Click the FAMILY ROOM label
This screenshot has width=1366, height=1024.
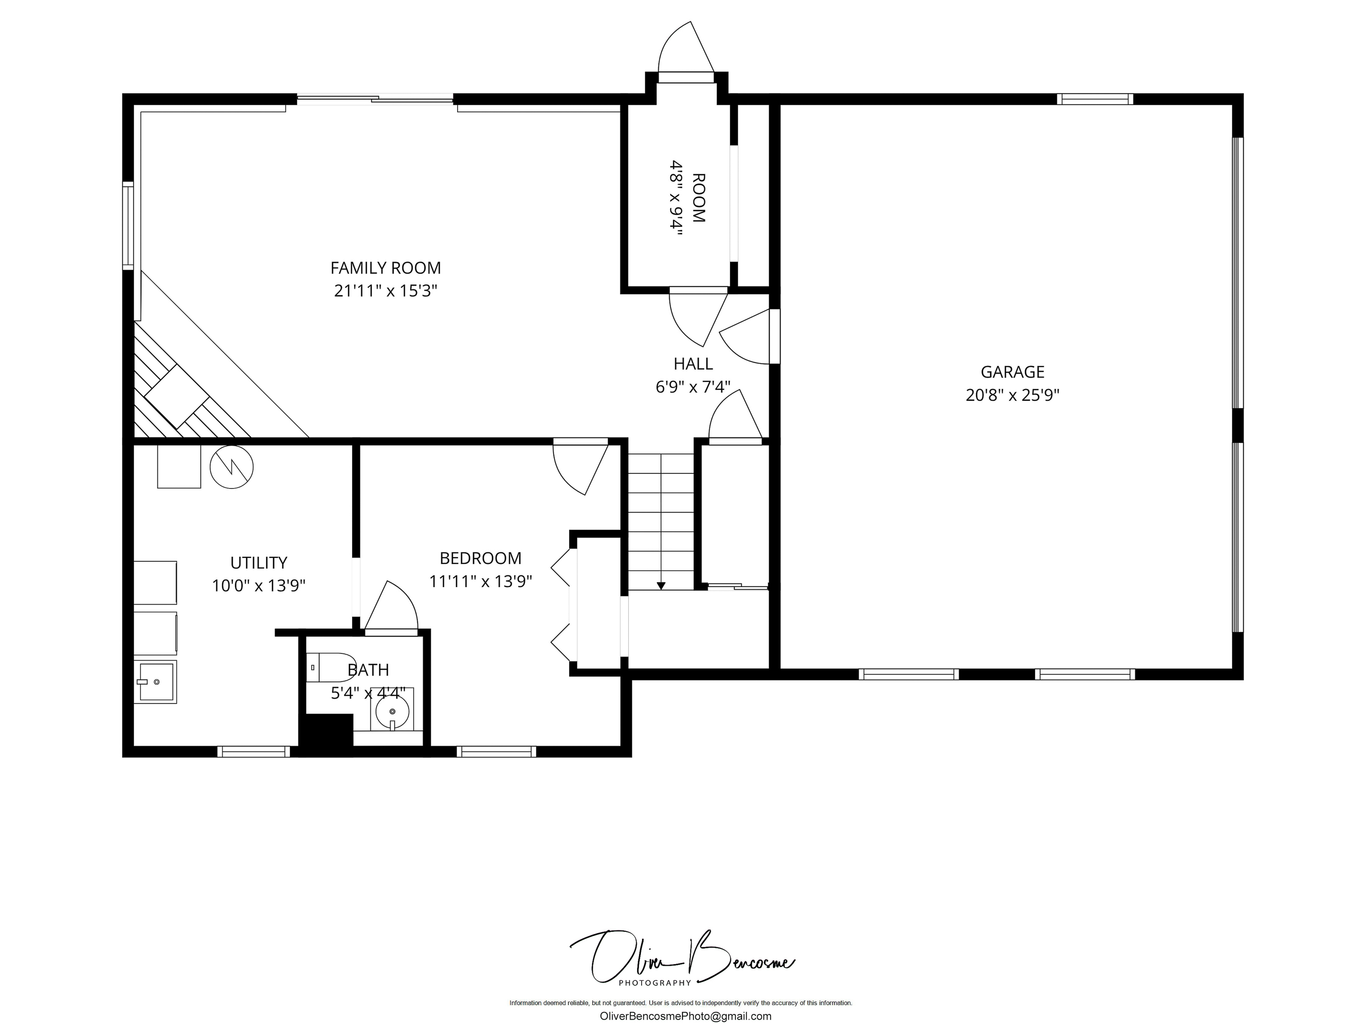(x=386, y=268)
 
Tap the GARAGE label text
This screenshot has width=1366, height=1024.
(x=1013, y=372)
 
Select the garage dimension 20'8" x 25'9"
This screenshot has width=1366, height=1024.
(x=1013, y=395)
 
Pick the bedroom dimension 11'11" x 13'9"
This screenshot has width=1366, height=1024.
(x=480, y=581)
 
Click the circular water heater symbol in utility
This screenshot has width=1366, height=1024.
(x=232, y=467)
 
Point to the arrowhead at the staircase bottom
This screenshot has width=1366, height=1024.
(x=661, y=586)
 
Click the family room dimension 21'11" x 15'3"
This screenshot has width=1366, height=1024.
(x=386, y=291)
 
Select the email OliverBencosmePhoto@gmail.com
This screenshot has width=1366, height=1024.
(x=686, y=1016)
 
